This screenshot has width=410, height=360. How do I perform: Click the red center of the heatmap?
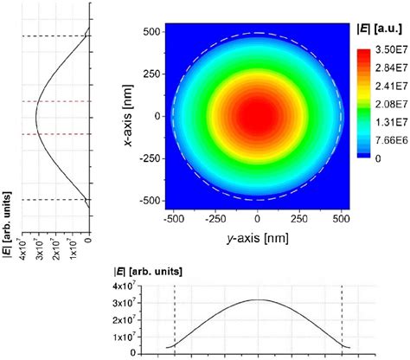258,116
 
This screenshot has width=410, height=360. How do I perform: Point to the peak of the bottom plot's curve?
259,299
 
